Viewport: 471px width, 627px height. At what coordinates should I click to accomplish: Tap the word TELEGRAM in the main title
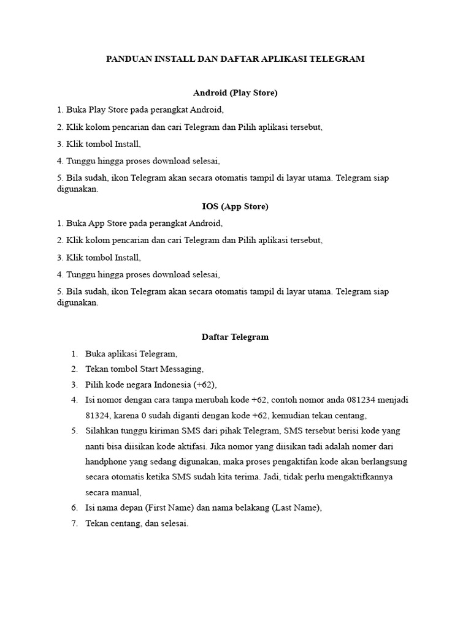click(337, 59)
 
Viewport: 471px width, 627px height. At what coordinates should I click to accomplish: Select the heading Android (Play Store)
click(235, 92)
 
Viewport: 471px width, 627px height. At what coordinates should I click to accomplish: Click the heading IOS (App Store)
click(235, 206)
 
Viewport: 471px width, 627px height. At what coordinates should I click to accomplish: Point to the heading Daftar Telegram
click(235, 337)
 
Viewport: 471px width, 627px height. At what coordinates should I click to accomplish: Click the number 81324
click(98, 415)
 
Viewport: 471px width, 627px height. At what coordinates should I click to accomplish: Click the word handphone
click(107, 461)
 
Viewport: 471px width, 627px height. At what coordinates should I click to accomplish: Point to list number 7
click(74, 523)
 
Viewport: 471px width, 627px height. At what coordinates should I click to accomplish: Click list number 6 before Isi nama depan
click(74, 507)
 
